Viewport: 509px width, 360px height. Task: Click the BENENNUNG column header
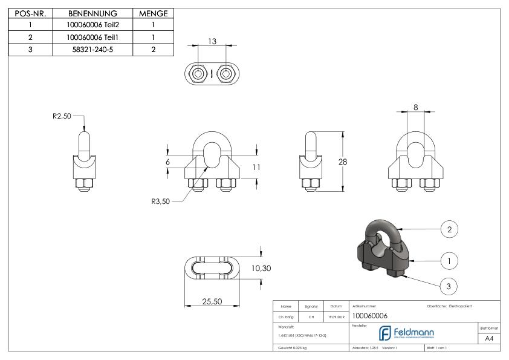pyautogui.click(x=92, y=13)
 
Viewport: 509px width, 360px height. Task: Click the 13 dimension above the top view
pyautogui.click(x=211, y=42)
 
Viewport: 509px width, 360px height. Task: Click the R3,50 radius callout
pyautogui.click(x=161, y=202)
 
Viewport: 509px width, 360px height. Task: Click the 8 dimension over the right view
pyautogui.click(x=415, y=106)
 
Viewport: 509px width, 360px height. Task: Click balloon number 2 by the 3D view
pyautogui.click(x=449, y=230)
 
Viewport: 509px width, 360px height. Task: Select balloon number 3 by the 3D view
pyautogui.click(x=449, y=286)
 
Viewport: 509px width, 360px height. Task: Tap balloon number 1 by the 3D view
pyautogui.click(x=449, y=261)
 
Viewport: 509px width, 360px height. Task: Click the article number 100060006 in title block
pyautogui.click(x=369, y=316)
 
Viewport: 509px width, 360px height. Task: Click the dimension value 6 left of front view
pyautogui.click(x=168, y=162)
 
